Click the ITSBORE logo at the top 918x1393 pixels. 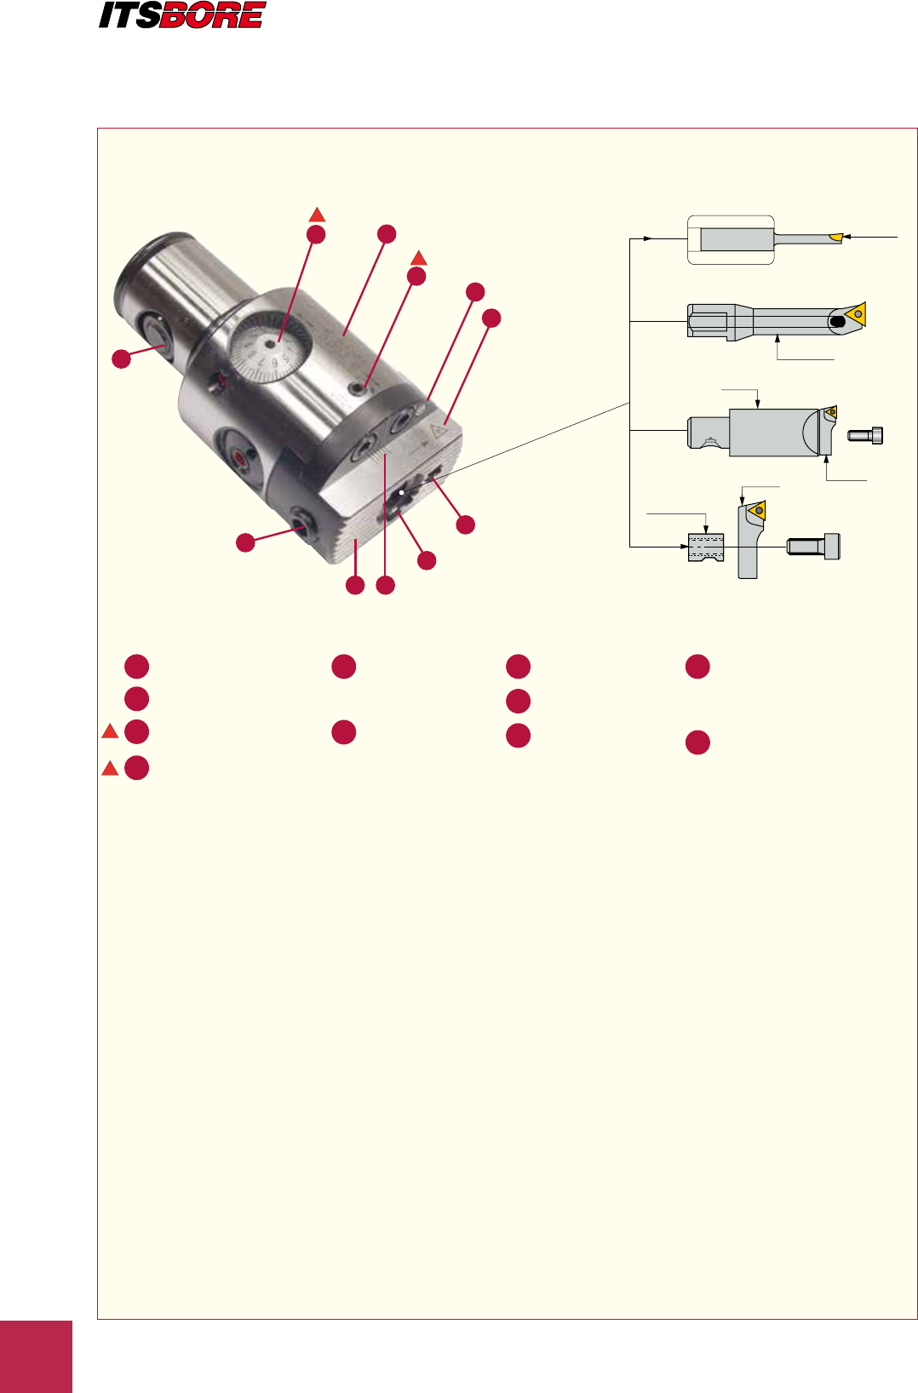(x=181, y=15)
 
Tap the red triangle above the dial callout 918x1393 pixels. (x=317, y=215)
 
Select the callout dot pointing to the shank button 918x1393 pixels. (x=122, y=358)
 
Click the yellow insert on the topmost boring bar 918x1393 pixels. (x=835, y=236)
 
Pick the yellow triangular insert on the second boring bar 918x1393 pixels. (x=857, y=313)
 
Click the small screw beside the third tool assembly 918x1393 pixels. (x=865, y=435)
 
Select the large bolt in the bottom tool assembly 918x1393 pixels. (x=813, y=546)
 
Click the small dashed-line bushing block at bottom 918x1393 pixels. (x=705, y=547)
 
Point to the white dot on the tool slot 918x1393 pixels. (x=400, y=492)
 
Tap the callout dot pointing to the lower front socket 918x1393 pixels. (x=245, y=542)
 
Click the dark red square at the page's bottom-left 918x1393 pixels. (x=36, y=1356)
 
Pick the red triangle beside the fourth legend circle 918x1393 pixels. (x=110, y=768)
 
